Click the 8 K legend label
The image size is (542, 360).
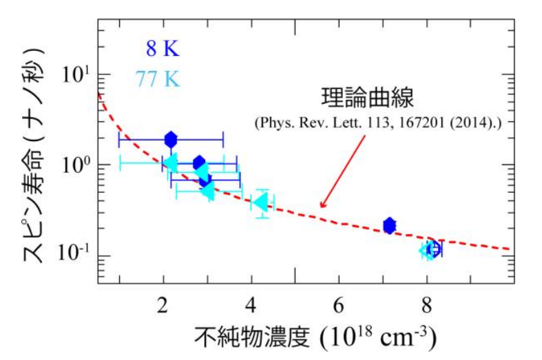(x=161, y=48)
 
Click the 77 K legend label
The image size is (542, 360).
(x=158, y=79)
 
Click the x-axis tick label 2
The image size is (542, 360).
(x=163, y=302)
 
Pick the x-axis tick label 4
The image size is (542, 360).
(x=251, y=302)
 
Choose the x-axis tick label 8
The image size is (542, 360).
(x=426, y=302)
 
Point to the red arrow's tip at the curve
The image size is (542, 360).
(x=320, y=207)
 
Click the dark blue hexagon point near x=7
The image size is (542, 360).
(x=390, y=225)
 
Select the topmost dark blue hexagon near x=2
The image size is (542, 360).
(x=171, y=139)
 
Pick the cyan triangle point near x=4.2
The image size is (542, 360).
(x=260, y=202)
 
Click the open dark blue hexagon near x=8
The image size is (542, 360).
(x=434, y=249)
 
